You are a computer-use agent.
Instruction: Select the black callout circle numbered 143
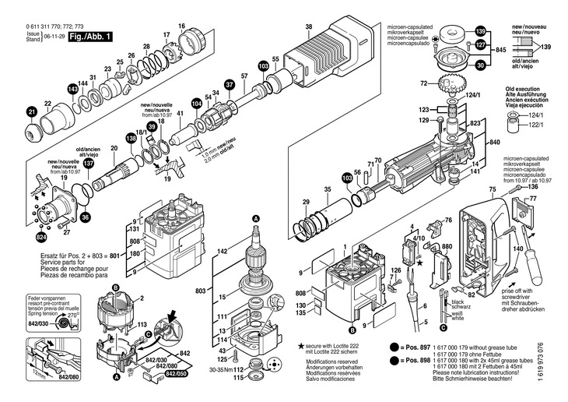73,90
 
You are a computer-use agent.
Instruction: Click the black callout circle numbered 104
197,102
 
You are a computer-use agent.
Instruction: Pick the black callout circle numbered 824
40,235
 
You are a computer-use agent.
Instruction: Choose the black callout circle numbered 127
481,46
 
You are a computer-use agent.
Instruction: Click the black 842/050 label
177,374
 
